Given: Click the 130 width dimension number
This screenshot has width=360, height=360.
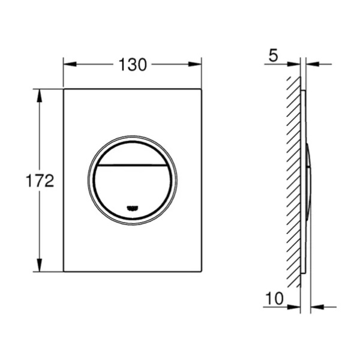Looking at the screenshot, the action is tap(133, 65).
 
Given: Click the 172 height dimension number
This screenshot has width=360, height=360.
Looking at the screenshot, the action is tap(40, 181).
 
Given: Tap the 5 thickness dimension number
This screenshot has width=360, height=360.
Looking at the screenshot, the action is tap(273, 56).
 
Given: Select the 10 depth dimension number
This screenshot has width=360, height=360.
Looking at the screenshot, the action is tap(275, 298).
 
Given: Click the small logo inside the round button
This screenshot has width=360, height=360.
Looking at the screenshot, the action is tap(133, 208).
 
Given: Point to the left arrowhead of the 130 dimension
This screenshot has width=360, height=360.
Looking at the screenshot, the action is tap(70, 64).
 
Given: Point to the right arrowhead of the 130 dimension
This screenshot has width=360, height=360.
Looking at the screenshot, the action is tap(195, 64).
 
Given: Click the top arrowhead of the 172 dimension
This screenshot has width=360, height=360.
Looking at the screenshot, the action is tap(40, 95).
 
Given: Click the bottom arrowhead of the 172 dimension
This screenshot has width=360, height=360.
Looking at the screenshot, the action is tap(40, 265).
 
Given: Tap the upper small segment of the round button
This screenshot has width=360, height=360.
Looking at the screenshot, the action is tap(133, 153).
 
